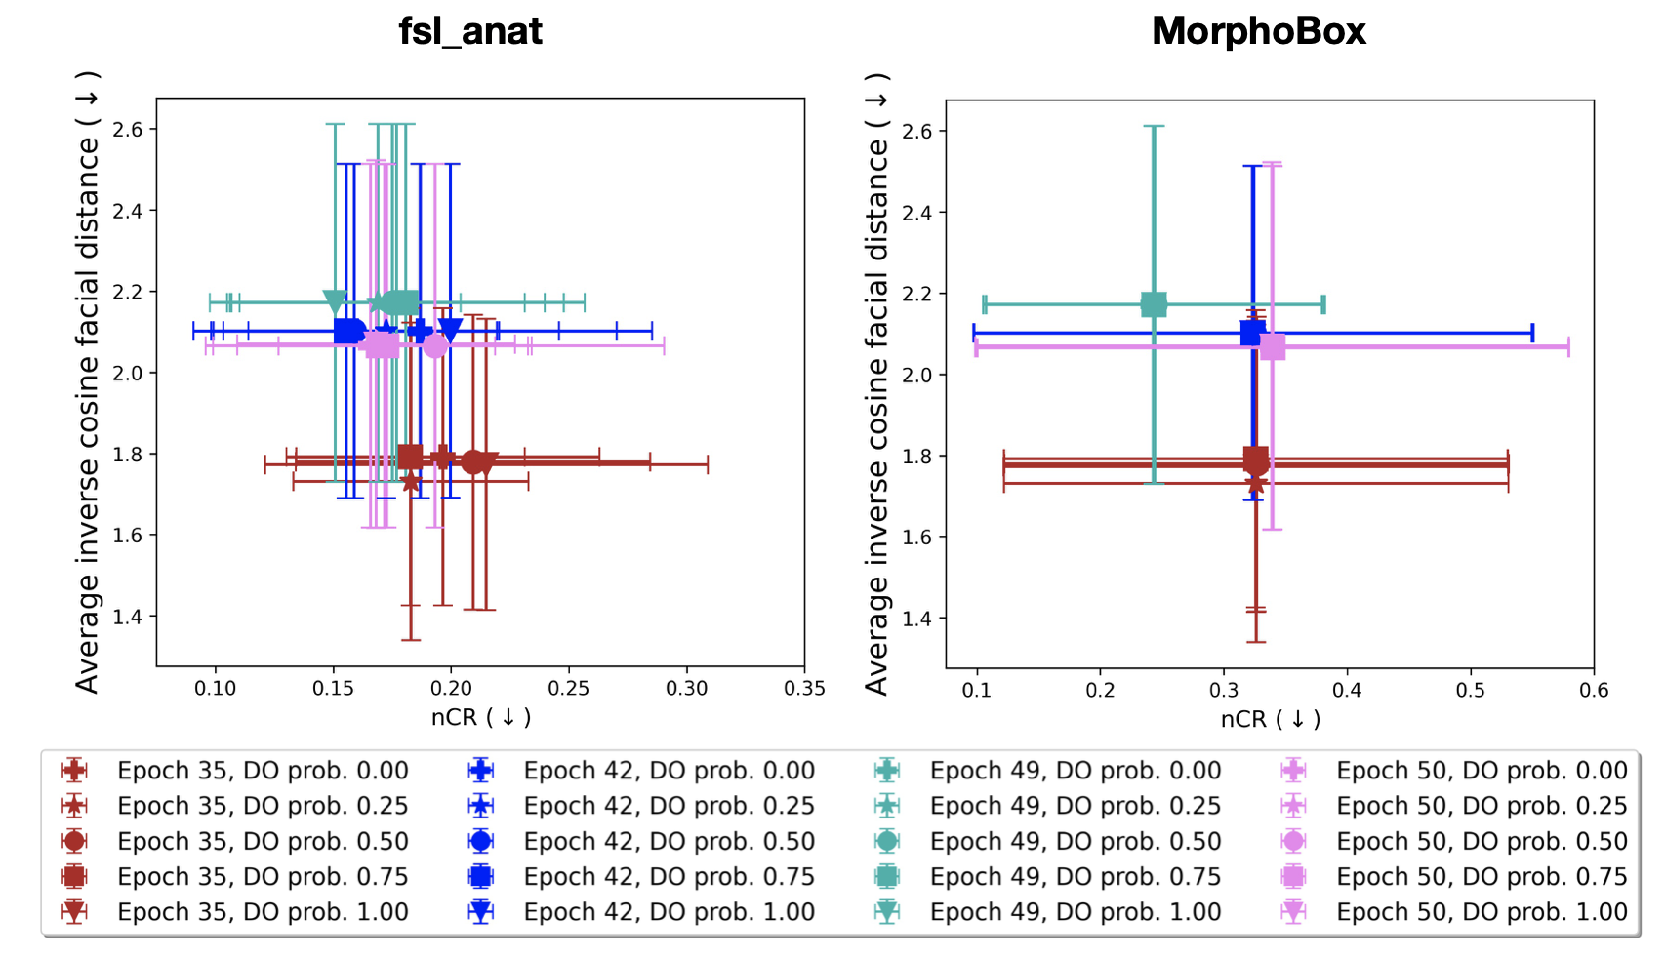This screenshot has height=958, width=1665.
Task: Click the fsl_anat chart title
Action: pyautogui.click(x=469, y=31)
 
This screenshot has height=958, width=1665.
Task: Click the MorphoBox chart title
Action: pyautogui.click(x=1258, y=31)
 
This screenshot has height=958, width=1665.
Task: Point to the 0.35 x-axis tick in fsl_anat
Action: pyautogui.click(x=804, y=688)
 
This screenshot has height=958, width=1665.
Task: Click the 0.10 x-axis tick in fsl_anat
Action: pyautogui.click(x=215, y=688)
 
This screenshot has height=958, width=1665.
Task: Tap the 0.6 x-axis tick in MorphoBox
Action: pyautogui.click(x=1594, y=690)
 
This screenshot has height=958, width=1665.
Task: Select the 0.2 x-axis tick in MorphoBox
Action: pyautogui.click(x=1100, y=690)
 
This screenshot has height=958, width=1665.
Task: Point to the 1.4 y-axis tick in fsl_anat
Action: pyautogui.click(x=128, y=617)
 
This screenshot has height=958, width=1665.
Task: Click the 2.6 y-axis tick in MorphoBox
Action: pyautogui.click(x=917, y=131)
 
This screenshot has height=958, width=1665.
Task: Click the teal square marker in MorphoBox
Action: pyautogui.click(x=1154, y=304)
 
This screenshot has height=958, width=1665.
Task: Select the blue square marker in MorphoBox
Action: pyautogui.click(x=1252, y=333)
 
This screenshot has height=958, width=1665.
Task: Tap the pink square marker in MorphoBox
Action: pyautogui.click(x=1273, y=347)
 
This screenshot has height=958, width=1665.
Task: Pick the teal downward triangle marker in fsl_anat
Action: pyautogui.click(x=334, y=302)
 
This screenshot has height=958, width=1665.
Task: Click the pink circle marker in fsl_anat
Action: pyautogui.click(x=435, y=345)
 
